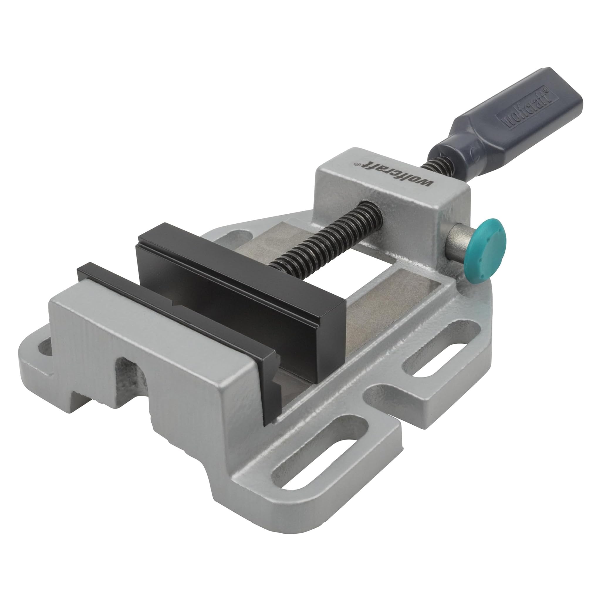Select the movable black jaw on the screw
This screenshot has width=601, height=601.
(x=239, y=280)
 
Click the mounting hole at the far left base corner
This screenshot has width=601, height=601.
(x=43, y=347)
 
